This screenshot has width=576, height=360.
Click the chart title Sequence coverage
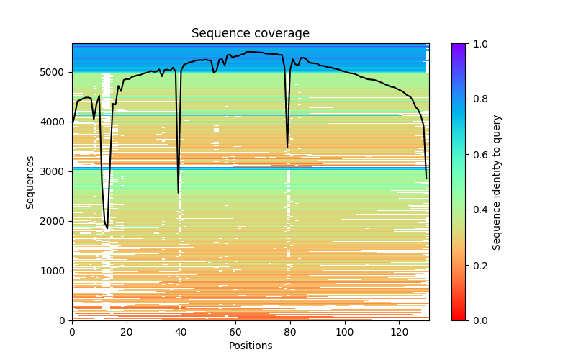250,33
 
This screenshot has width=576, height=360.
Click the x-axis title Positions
250,346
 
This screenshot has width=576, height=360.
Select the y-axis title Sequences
30,181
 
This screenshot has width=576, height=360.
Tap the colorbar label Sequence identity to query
497,181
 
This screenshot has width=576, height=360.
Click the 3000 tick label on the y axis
55,171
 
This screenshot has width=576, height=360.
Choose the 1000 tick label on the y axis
55,271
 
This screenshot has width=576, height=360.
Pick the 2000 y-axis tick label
55,221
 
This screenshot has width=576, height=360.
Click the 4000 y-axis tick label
55,122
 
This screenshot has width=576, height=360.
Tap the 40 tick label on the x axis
181,332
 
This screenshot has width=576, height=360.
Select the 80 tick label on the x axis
290,332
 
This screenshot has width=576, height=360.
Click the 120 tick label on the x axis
400,332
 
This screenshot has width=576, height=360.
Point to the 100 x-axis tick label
345,332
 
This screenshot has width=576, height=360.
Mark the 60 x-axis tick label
235,332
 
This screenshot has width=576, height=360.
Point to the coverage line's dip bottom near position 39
179,192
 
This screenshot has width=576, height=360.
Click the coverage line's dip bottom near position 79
287,148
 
